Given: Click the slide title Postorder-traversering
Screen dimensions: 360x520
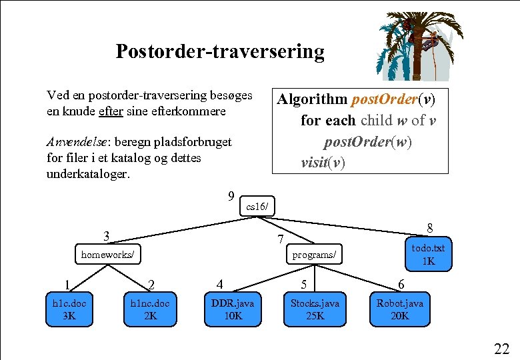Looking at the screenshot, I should pyautogui.click(x=220, y=51).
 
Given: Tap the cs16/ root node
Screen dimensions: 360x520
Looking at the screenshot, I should pyautogui.click(x=257, y=207).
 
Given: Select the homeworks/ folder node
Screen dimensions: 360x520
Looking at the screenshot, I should pyautogui.click(x=107, y=254).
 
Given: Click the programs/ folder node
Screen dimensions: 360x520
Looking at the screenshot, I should pyautogui.click(x=314, y=254).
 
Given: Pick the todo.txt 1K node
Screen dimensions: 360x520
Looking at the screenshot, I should pyautogui.click(x=428, y=254).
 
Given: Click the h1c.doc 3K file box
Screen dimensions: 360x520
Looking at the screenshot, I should pyautogui.click(x=69, y=309).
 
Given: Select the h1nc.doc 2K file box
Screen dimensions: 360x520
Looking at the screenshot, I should pyautogui.click(x=150, y=309).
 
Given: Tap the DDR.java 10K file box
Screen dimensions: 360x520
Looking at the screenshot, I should pyautogui.click(x=233, y=309).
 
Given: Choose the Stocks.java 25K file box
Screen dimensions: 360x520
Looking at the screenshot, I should pyautogui.click(x=315, y=309).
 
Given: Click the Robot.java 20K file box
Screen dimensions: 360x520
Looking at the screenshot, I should pyautogui.click(x=399, y=309).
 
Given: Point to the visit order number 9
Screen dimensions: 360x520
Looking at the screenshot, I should pyautogui.click(x=230, y=196).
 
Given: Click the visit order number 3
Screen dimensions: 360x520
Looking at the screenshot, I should pyautogui.click(x=106, y=236).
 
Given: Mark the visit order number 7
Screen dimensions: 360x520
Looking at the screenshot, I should pyautogui.click(x=281, y=239).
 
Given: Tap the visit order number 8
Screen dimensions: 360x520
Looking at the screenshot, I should pyautogui.click(x=430, y=228).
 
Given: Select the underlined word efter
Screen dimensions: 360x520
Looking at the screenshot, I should pyautogui.click(x=110, y=111).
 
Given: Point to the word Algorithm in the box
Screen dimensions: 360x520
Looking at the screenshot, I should pyautogui.click(x=312, y=99).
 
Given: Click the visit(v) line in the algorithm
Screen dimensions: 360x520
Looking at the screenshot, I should pyautogui.click(x=323, y=163).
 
